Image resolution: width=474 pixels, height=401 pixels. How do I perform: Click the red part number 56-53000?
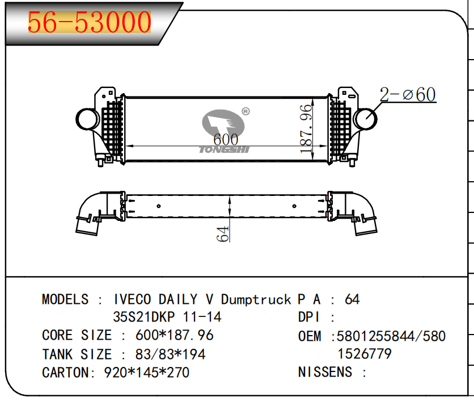click(x=90, y=22)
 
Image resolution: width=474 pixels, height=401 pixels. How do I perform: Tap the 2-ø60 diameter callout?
click(x=408, y=94)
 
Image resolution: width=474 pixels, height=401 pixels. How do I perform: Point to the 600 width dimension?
click(x=226, y=139)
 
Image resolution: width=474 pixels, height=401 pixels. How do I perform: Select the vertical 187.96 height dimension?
click(x=306, y=129)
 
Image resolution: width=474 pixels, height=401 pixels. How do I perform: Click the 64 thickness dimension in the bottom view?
click(x=223, y=234)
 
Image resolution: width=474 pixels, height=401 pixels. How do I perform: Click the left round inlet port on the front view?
click(x=87, y=119)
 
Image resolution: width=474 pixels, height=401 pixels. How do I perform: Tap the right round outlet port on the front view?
click(x=365, y=118)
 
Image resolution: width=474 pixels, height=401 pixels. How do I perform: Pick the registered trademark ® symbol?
click(x=246, y=111)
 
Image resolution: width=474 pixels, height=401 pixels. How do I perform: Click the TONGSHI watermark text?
click(x=224, y=149)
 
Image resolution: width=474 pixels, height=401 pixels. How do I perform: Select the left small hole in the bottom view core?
click(x=159, y=206)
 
